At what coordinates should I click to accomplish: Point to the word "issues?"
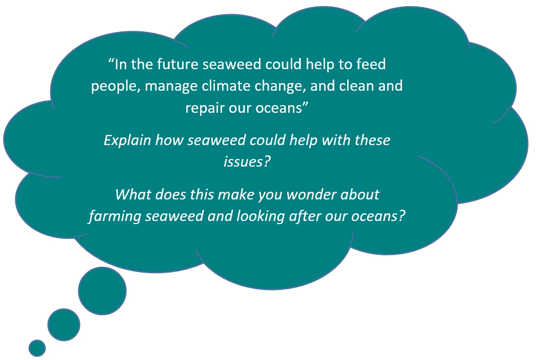pos(247,162)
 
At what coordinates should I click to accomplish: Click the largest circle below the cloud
pos(102,291)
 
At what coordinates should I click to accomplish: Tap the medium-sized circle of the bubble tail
pos(64,325)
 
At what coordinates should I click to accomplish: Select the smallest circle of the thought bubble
pos(37,348)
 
